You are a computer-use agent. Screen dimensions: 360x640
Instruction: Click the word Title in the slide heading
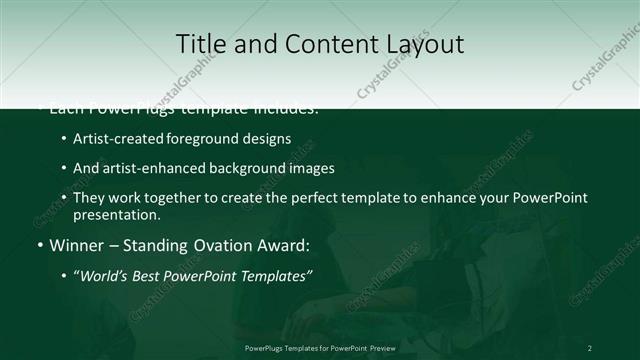[200, 44]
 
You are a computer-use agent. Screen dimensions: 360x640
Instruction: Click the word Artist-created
[110, 139]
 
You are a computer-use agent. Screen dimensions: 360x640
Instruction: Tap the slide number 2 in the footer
[590, 347]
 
